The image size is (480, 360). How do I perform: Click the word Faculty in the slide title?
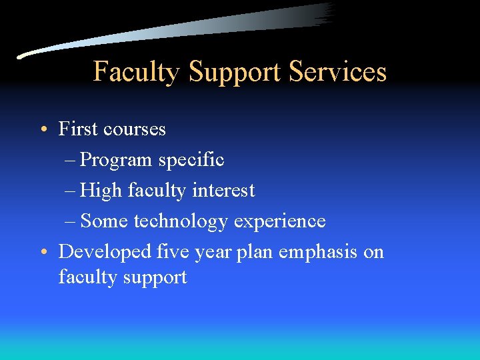point(136,71)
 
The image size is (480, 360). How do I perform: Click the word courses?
point(136,129)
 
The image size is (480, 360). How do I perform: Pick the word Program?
point(117,161)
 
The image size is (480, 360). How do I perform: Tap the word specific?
point(191,161)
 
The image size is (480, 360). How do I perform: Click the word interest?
point(223,191)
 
